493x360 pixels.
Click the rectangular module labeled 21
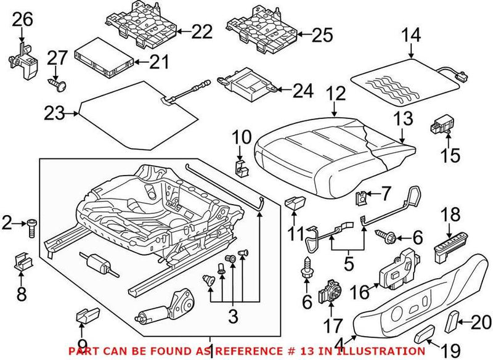point(103,56)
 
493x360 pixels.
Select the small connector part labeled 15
point(439,123)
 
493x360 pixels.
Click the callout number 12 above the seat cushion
point(336,94)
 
